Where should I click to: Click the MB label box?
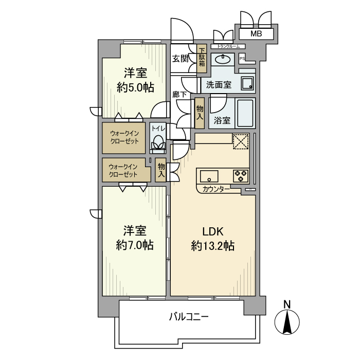tap(256, 34)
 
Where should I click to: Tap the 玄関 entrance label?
tap(180, 58)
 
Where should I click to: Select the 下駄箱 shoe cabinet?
tap(202, 58)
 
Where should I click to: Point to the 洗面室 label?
tap(219, 84)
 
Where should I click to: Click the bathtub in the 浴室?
tap(245, 114)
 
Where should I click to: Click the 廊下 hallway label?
tap(179, 95)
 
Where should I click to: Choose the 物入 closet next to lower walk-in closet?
tap(161, 170)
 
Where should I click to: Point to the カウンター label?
tap(216, 189)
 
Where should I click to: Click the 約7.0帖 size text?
tap(135, 245)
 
